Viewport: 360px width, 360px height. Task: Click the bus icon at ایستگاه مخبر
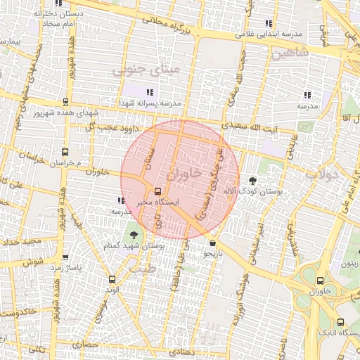tap(157, 191)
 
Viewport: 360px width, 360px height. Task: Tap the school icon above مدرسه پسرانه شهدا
tap(149, 92)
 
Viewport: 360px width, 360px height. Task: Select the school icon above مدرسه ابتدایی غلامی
tap(269, 23)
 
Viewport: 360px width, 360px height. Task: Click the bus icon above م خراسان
tap(65, 152)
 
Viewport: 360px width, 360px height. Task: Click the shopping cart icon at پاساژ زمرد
tap(65, 257)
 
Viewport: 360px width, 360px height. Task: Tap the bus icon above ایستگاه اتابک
tap(341, 322)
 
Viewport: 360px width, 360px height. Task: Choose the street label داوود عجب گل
tap(110, 127)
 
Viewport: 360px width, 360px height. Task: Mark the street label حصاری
tap(91, 345)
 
